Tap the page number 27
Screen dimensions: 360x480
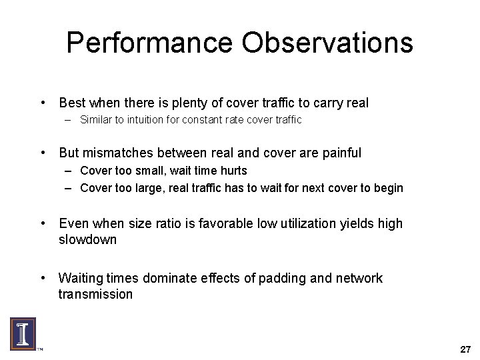click(x=465, y=349)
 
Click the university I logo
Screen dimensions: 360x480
click(x=23, y=333)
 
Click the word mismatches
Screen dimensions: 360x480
click(x=119, y=153)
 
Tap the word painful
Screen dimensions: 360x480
click(x=341, y=153)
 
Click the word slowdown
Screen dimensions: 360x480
click(x=87, y=239)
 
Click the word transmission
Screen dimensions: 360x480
click(x=95, y=294)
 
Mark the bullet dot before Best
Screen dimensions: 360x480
click(x=43, y=103)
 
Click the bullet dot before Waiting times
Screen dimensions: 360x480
click(x=43, y=278)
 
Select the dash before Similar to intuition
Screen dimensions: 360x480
click(x=69, y=120)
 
